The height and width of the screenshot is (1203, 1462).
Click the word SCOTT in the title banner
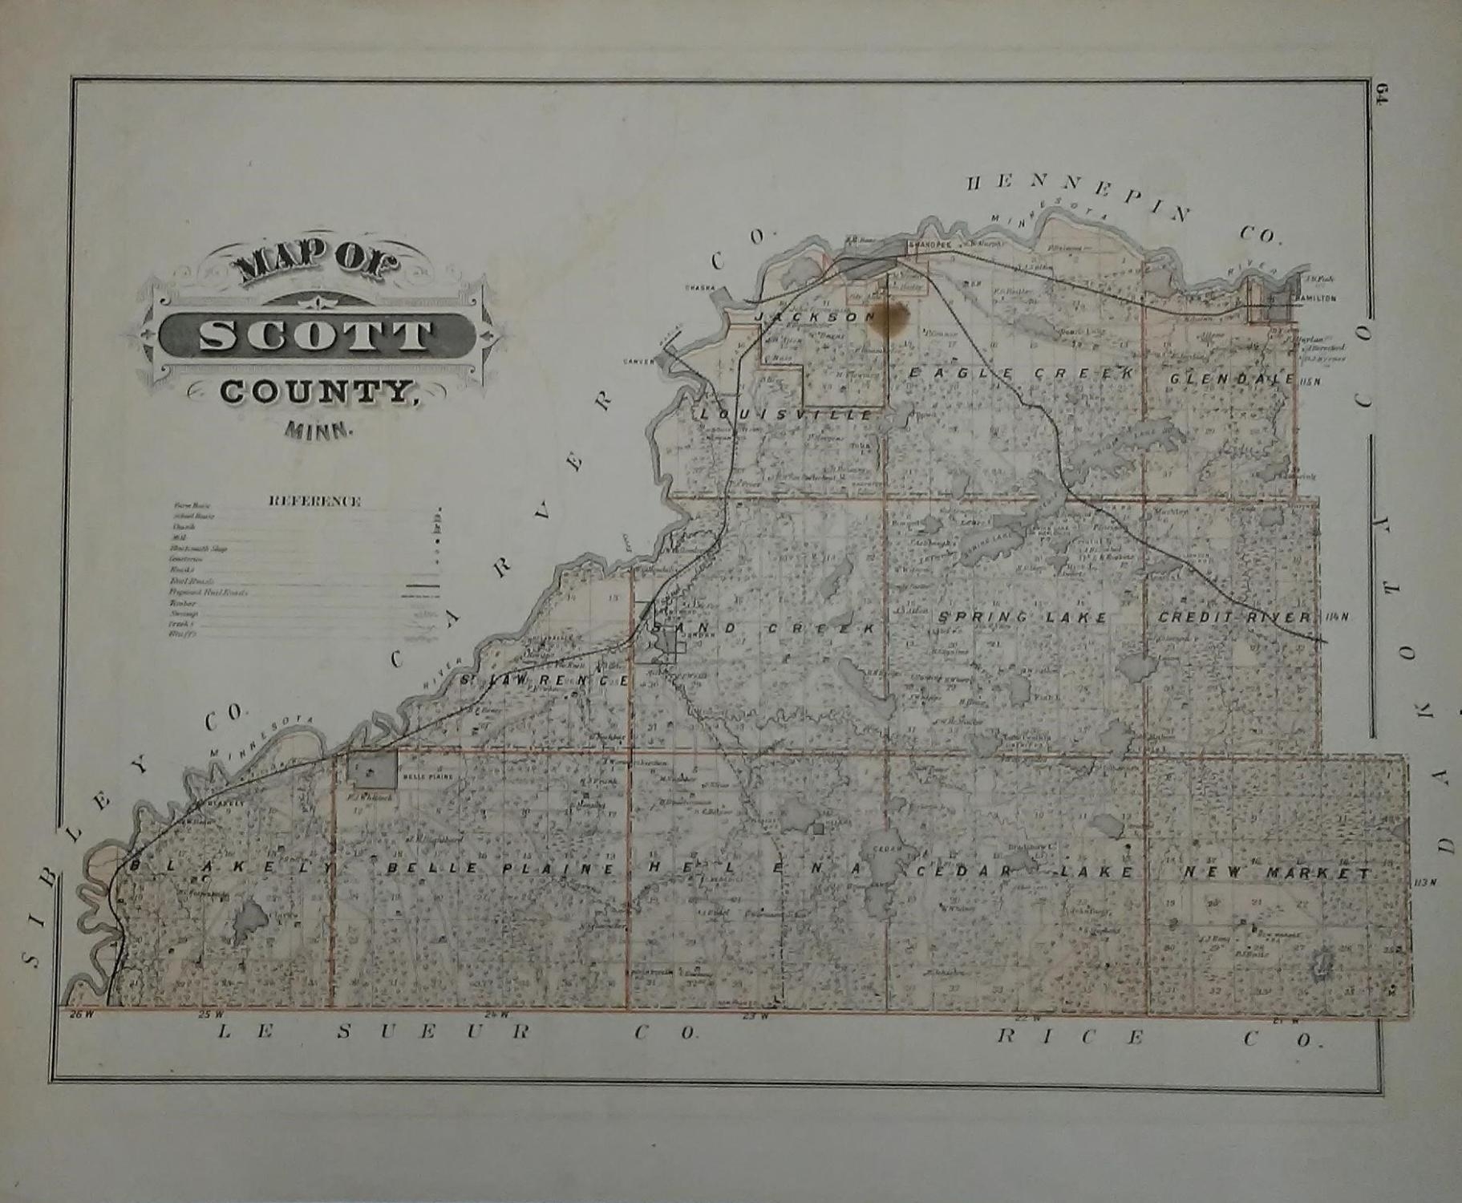[x=314, y=335]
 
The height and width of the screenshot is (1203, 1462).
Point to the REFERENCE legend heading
[x=314, y=502]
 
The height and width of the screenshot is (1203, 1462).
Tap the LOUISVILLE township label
[x=785, y=415]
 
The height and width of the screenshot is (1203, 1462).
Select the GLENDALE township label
[x=1231, y=379]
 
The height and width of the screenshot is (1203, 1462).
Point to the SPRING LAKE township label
[x=1022, y=618]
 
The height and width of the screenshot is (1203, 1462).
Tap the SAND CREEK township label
[x=762, y=629]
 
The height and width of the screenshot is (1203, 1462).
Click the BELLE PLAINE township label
[x=501, y=869]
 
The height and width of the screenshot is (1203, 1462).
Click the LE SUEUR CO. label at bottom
[x=457, y=1033]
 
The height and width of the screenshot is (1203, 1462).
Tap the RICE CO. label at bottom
[x=1155, y=1038]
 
